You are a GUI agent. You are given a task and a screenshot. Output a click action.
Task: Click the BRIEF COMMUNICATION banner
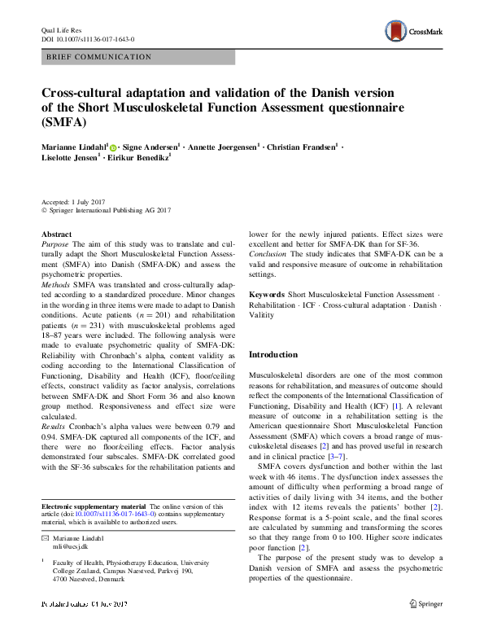[137, 58]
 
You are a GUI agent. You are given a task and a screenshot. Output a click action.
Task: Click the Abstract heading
[56, 234]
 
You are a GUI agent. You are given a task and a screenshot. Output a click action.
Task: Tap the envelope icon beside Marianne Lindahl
[45, 538]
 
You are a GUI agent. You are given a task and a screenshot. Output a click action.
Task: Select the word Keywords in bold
[266, 294]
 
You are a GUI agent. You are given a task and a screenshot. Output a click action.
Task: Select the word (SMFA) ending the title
[63, 123]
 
